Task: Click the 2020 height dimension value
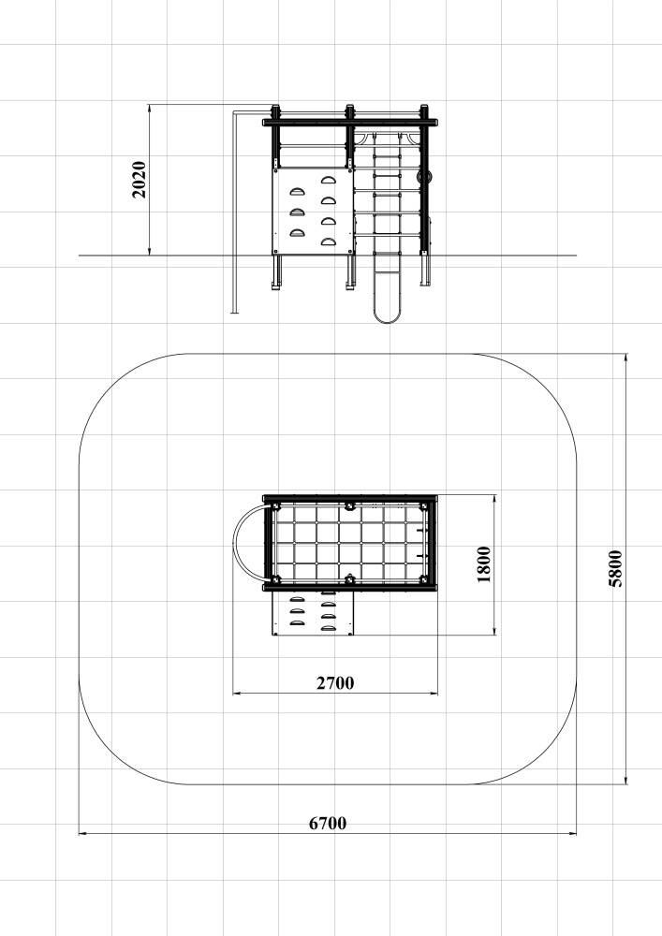coord(139,179)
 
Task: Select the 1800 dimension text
coord(484,564)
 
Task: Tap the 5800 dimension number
coord(615,569)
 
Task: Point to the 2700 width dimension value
coord(335,683)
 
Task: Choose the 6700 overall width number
coord(328,823)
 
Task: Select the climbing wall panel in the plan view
coord(313,613)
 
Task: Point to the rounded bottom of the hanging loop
coord(388,317)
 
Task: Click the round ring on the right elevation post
coord(425,177)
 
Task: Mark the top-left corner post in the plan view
coord(276,506)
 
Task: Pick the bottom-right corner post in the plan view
coord(424,579)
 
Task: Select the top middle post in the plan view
coord(350,506)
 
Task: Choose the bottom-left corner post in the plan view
coord(276,579)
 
